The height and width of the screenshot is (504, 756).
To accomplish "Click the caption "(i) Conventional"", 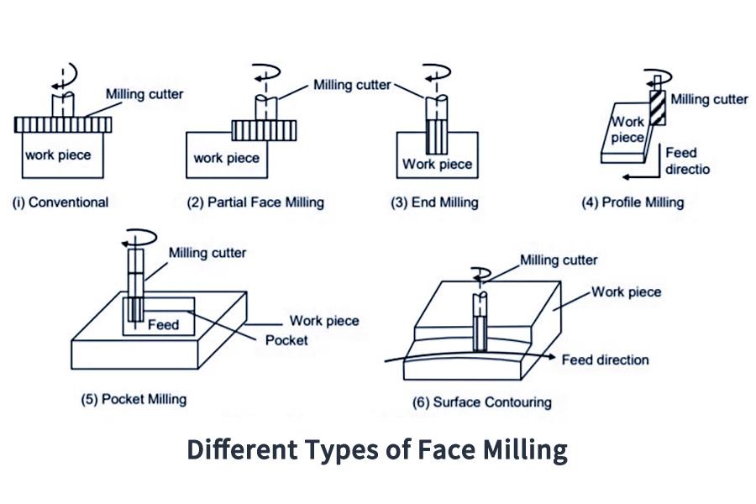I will click(x=60, y=202).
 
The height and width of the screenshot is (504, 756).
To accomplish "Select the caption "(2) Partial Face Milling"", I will click(x=255, y=202).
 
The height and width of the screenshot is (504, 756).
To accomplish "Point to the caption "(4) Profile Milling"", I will click(x=633, y=202).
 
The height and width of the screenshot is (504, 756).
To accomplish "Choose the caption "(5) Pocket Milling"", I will click(x=134, y=399).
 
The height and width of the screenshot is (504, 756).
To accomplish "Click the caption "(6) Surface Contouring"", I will click(x=482, y=402).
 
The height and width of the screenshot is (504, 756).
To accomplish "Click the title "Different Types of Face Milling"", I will click(x=377, y=449).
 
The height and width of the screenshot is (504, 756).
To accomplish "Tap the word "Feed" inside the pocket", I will click(x=163, y=323).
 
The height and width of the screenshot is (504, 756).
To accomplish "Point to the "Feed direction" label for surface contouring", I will click(x=606, y=360).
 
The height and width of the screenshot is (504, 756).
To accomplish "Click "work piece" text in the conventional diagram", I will click(x=58, y=155).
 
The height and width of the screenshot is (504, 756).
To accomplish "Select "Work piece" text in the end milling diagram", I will click(x=437, y=164).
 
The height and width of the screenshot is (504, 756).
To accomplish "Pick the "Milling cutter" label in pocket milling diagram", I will click(x=207, y=253).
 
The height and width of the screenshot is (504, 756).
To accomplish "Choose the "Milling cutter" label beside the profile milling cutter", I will click(x=710, y=99).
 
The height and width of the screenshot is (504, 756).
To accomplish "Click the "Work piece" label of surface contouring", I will click(x=627, y=292).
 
